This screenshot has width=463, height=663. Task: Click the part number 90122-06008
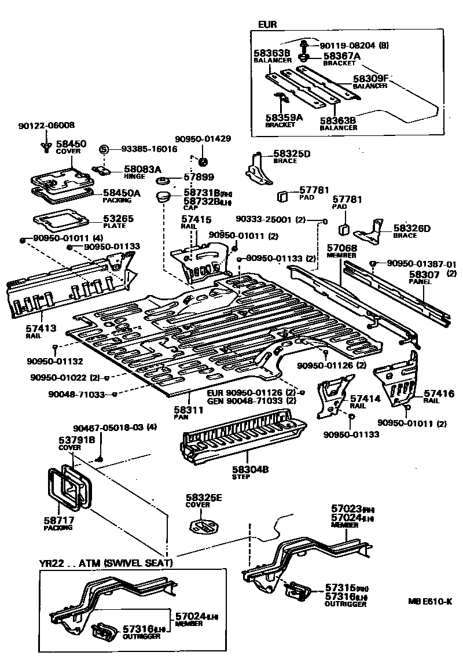[x=46, y=125]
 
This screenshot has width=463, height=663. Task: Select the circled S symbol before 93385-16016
[x=104, y=149]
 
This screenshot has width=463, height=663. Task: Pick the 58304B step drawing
[x=243, y=434]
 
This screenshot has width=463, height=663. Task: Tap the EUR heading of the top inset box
[x=268, y=25]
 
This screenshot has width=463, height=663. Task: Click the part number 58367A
[x=341, y=56]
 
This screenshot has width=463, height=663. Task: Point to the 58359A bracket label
[x=284, y=119]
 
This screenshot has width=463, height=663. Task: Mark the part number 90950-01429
[x=203, y=139]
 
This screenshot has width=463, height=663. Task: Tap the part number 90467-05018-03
[x=115, y=428]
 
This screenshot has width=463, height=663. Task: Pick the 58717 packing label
[x=58, y=524]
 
